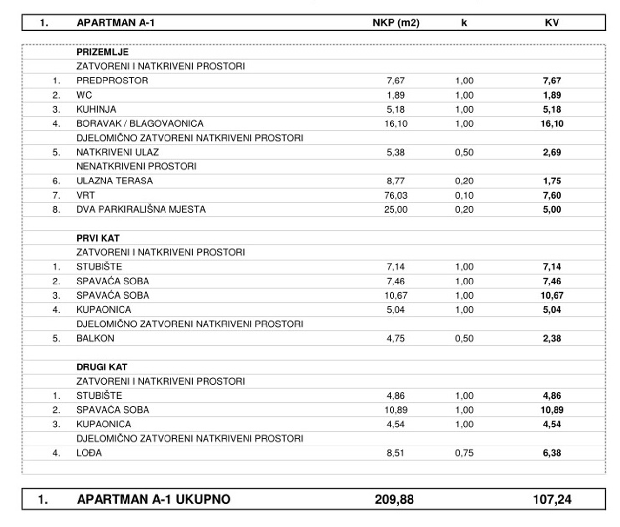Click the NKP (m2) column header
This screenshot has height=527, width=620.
pyautogui.click(x=396, y=22)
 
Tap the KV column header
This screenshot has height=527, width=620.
pyautogui.click(x=552, y=22)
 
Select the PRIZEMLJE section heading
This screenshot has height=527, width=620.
pyautogui.click(x=103, y=52)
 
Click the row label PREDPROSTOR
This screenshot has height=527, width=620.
pyautogui.click(x=112, y=81)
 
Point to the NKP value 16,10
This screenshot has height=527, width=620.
pyautogui.click(x=395, y=123)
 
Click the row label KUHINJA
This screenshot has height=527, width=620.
pyautogui.click(x=96, y=109)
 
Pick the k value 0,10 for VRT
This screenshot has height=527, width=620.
pyautogui.click(x=464, y=195)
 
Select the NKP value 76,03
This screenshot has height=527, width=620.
pyautogui.click(x=395, y=195)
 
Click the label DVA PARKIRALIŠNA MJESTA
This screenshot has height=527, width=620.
pyautogui.click(x=141, y=209)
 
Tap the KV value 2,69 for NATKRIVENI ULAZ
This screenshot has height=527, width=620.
pyautogui.click(x=552, y=152)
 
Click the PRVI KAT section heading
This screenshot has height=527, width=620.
pyautogui.click(x=98, y=238)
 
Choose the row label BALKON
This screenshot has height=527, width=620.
pyautogui.click(x=95, y=338)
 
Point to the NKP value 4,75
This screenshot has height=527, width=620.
pyautogui.click(x=395, y=338)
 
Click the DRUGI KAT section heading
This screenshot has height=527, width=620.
pyautogui.click(x=102, y=367)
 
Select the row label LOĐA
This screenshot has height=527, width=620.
pyautogui.click(x=89, y=453)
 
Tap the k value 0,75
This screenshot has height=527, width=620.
pyautogui.click(x=464, y=453)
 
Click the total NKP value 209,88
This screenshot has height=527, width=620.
pyautogui.click(x=394, y=499)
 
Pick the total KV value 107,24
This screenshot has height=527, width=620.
pyautogui.click(x=552, y=499)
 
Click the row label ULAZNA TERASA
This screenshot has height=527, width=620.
pyautogui.click(x=114, y=181)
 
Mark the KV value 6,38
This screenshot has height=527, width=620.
pyautogui.click(x=552, y=453)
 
